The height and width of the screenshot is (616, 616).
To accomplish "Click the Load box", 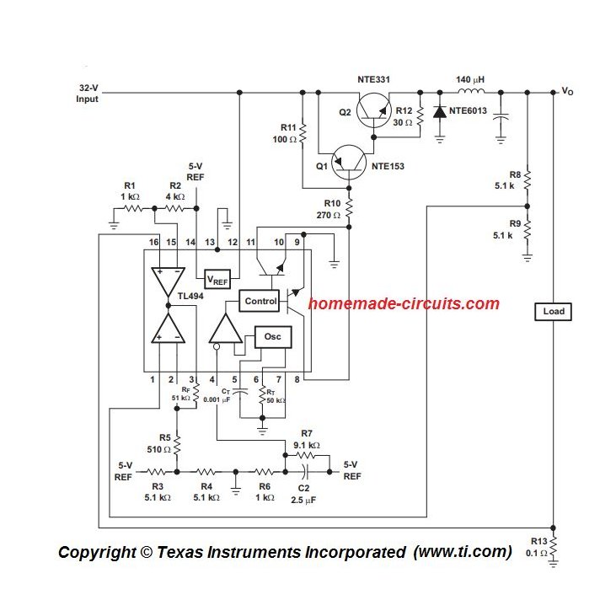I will click(x=554, y=312).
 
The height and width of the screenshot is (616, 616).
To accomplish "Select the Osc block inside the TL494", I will click(x=272, y=337).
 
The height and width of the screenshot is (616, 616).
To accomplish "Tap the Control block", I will click(x=260, y=301).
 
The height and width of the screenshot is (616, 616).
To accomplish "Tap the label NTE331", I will click(x=373, y=79).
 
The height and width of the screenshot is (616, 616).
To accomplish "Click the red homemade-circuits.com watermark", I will click(x=404, y=304).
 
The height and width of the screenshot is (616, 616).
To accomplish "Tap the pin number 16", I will click(x=153, y=243).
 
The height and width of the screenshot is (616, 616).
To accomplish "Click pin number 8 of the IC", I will click(x=297, y=380).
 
